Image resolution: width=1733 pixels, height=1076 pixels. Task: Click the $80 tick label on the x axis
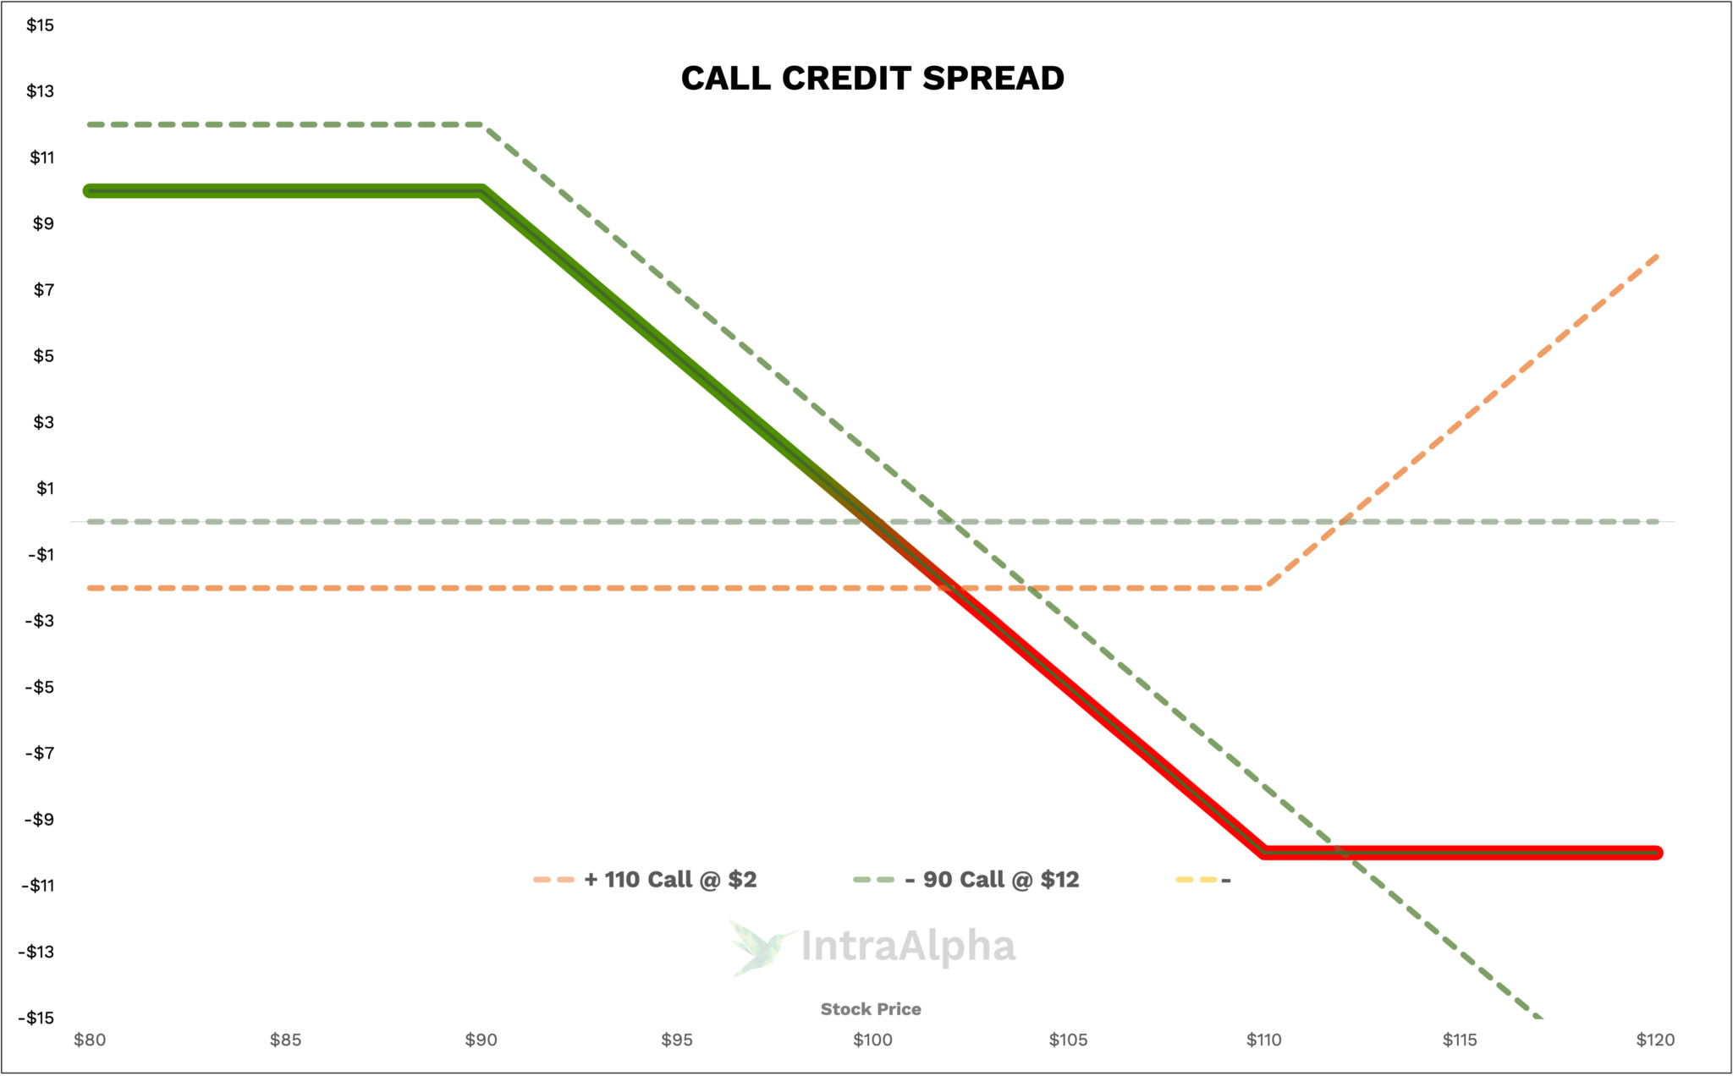click(90, 1040)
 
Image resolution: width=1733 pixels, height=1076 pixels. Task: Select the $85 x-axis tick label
click(286, 1040)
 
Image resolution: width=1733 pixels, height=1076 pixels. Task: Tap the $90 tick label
click(481, 1040)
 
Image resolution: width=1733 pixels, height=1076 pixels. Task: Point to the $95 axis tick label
click(677, 1040)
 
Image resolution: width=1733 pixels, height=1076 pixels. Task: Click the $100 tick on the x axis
click(872, 1040)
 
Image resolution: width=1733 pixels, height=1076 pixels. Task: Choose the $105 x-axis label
click(1068, 1040)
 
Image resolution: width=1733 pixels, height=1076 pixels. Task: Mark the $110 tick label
click(1264, 1040)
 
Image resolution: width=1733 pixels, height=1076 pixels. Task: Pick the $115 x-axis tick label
click(1460, 1040)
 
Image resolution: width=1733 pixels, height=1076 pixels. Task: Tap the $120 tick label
click(1655, 1040)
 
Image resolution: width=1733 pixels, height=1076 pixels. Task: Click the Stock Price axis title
click(871, 1009)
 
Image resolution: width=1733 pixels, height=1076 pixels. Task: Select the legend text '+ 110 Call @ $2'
click(670, 880)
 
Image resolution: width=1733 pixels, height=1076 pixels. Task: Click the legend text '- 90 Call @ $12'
click(992, 880)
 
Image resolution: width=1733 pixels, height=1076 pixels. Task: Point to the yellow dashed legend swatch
click(1197, 880)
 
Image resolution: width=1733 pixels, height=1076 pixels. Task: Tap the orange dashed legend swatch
click(554, 880)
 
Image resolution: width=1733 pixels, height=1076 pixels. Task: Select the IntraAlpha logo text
click(907, 947)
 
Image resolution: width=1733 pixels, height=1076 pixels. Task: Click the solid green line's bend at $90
click(481, 191)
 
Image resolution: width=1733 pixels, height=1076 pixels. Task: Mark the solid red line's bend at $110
click(1264, 852)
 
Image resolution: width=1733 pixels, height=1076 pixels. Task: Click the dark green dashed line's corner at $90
click(482, 125)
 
